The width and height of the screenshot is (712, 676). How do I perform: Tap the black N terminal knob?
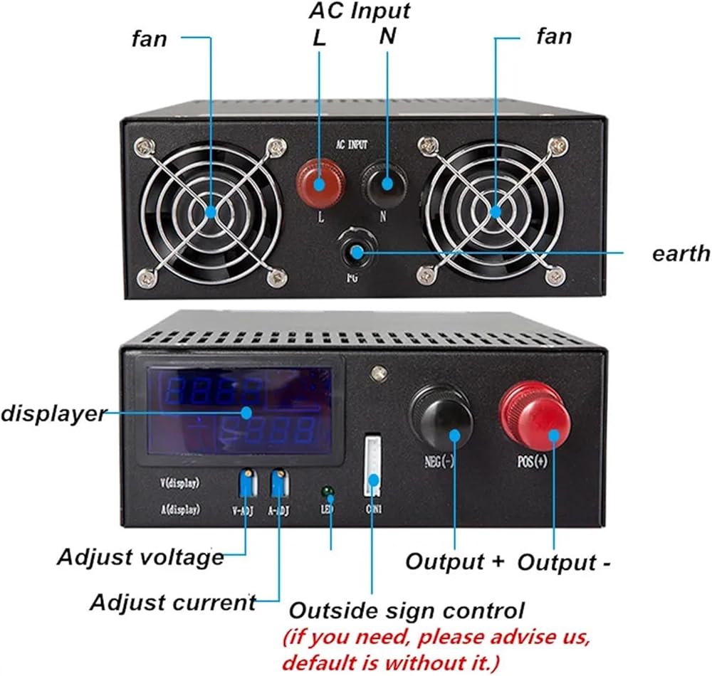pos(386,182)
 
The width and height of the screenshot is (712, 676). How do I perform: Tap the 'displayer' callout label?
pos(53,413)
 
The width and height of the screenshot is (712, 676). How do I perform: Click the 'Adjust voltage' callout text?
pos(140,557)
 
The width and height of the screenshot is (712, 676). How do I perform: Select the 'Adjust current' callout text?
pos(172,603)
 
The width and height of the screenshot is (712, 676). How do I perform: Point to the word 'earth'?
pos(681,253)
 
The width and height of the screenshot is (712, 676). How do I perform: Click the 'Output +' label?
pos(455,561)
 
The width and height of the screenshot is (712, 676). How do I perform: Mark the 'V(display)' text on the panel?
pos(179,483)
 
